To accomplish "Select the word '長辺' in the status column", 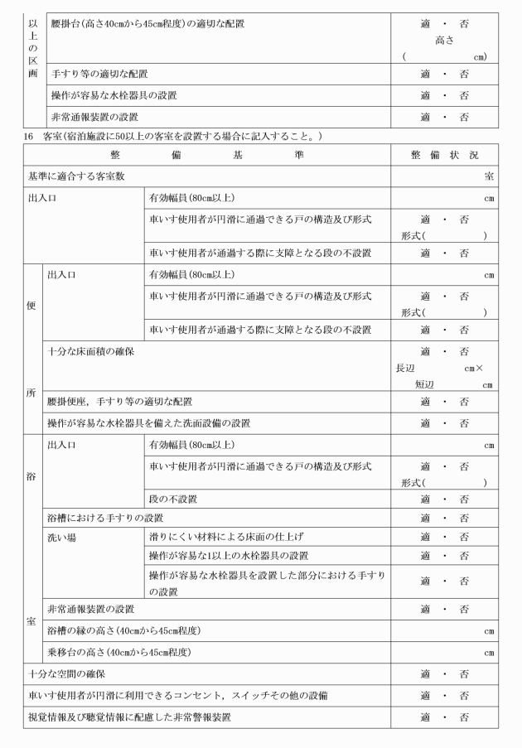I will [405, 367].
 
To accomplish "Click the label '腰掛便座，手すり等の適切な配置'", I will [120, 402].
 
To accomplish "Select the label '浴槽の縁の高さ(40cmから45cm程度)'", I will [125, 630].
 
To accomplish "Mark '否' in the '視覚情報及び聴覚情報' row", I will [463, 717].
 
